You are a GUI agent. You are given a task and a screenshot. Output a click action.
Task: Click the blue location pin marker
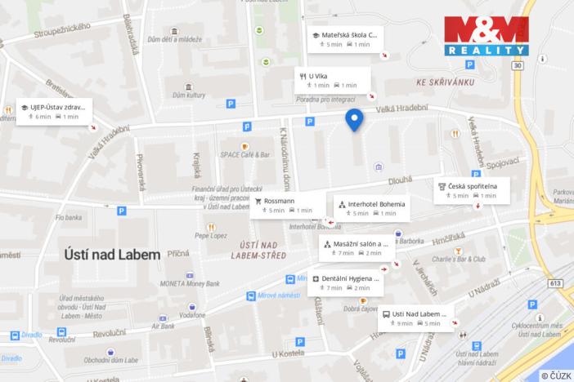[x=354, y=119]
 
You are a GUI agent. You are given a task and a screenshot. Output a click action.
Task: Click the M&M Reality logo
[x=486, y=36]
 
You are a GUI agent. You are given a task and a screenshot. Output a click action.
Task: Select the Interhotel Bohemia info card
[x=370, y=207]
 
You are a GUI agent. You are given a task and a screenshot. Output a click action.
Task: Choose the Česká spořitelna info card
[x=473, y=190]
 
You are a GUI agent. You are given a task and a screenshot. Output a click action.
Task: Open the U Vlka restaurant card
[x=333, y=80]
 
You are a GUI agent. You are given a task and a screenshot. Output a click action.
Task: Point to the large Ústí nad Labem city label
[x=113, y=254]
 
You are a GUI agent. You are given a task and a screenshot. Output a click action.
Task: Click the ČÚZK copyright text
[x=555, y=375]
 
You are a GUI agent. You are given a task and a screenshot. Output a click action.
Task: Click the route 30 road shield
[x=517, y=65]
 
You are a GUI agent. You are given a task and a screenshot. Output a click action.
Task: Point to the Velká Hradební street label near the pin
[x=402, y=110]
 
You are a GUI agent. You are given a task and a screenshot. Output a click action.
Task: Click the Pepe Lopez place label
[x=210, y=235]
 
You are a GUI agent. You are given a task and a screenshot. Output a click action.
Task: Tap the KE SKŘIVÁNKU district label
[x=445, y=82]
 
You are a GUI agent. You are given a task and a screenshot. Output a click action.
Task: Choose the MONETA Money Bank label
[x=191, y=283]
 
